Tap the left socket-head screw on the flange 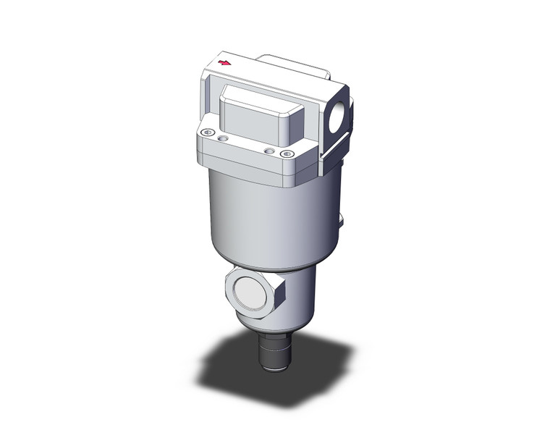coord(208,132)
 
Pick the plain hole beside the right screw coord(269,150)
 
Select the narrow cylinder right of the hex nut coord(300,297)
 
